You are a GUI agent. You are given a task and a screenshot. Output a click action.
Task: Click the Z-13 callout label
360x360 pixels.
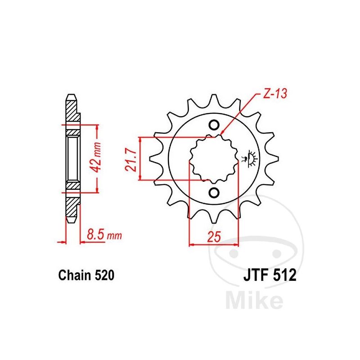pos(275,94)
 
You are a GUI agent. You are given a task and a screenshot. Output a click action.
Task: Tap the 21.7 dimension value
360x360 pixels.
pos(131,160)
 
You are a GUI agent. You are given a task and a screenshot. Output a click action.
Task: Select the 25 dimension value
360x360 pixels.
pos(214,237)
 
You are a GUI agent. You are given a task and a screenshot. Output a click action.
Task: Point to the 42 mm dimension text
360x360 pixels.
pos(95,157)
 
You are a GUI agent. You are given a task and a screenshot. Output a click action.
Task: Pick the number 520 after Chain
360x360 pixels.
pos(102,275)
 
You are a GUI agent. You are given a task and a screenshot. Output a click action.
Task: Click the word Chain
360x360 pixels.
pos(73,275)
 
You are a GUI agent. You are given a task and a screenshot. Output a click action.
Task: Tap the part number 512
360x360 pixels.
pos(285,275)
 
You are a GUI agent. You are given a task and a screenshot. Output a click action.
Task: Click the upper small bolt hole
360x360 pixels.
pos(214,125)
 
